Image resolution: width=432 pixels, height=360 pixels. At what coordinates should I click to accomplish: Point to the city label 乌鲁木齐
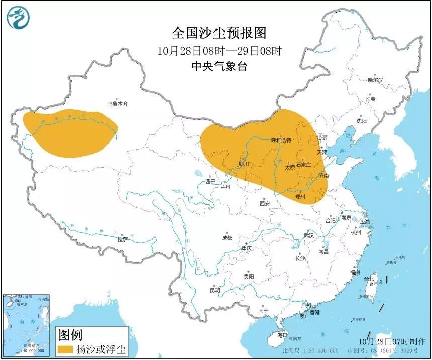(x=118, y=104)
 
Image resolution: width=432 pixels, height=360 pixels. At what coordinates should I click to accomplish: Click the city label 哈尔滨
(x=375, y=80)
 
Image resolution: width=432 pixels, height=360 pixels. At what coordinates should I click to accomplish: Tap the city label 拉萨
(x=122, y=240)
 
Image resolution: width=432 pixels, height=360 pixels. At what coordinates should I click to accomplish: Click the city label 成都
(x=227, y=238)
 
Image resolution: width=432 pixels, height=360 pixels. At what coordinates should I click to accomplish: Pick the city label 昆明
(x=214, y=290)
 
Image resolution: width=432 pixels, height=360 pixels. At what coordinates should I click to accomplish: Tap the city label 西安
(x=265, y=203)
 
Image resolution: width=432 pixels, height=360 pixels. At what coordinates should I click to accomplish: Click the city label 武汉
(x=308, y=235)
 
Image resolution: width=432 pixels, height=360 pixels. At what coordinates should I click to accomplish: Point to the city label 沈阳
(x=361, y=121)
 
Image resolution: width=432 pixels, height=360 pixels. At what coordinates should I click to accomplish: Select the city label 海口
(x=283, y=335)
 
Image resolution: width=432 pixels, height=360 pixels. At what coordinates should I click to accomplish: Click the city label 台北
(x=369, y=279)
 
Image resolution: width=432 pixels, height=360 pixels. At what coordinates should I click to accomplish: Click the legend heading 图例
(x=70, y=334)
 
